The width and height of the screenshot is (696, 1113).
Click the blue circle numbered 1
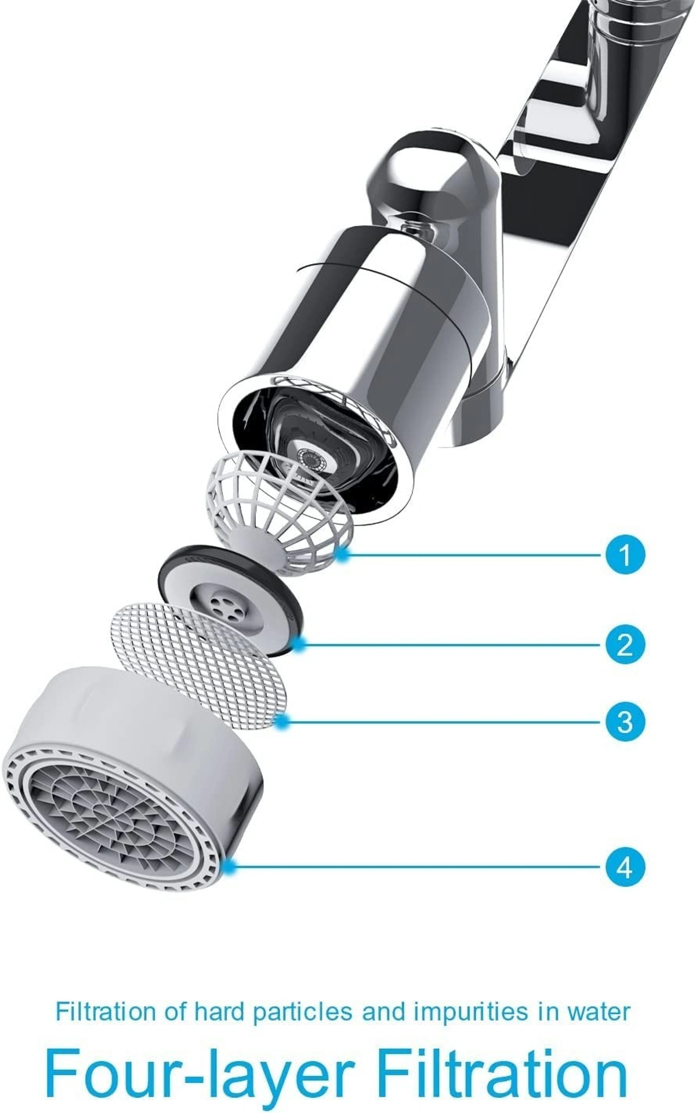click(x=625, y=554)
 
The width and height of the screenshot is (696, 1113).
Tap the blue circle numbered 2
click(x=625, y=644)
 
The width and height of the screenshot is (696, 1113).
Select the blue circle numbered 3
click(x=625, y=722)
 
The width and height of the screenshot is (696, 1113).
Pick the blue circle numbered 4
click(x=625, y=868)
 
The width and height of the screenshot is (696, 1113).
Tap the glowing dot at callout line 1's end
click(x=343, y=554)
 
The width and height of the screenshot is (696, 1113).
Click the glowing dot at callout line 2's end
click(x=299, y=643)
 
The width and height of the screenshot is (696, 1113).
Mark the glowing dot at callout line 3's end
click(x=282, y=722)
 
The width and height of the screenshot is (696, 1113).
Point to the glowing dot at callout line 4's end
click(x=231, y=867)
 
